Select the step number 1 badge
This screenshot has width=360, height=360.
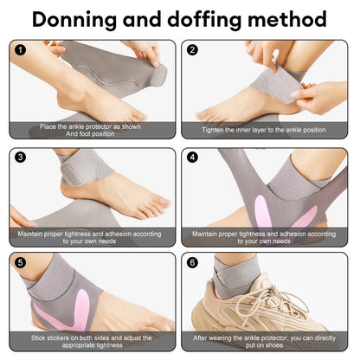[19, 50]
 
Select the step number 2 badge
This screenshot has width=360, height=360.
[192, 50]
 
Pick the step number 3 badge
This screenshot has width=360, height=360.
[19, 157]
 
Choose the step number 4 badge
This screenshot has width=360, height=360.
[192, 157]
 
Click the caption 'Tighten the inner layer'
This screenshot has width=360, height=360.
[264, 131]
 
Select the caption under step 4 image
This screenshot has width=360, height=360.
[264, 236]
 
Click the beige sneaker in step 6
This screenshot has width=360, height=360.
[277, 307]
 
